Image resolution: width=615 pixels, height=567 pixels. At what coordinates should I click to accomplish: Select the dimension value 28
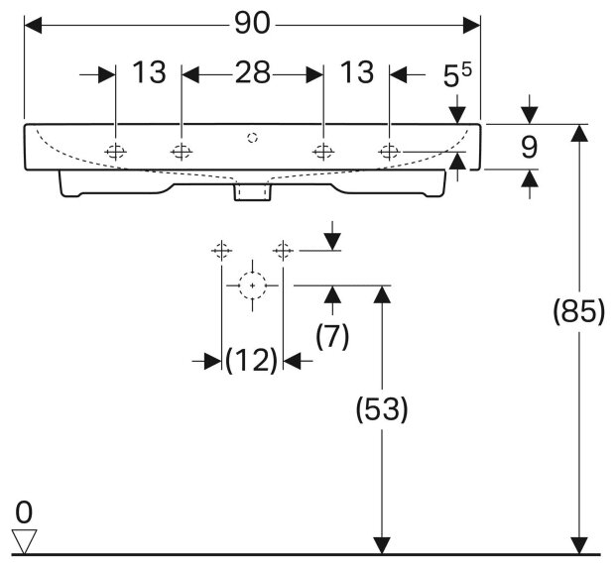click(252, 73)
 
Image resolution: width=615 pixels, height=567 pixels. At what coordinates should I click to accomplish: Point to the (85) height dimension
click(578, 312)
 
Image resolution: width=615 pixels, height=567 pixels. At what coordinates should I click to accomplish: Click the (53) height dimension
click(382, 408)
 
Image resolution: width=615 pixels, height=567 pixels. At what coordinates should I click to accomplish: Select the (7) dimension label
click(332, 337)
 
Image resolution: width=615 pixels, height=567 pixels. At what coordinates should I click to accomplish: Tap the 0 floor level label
click(25, 512)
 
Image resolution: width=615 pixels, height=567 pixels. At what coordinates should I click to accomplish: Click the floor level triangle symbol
click(25, 540)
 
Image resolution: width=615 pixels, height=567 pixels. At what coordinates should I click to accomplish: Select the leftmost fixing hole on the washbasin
click(116, 152)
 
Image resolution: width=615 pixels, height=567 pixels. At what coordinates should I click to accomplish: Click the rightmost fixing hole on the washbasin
click(390, 152)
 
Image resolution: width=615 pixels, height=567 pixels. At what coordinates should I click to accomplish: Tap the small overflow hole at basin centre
click(253, 136)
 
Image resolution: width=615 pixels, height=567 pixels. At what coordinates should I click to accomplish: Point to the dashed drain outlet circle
click(253, 285)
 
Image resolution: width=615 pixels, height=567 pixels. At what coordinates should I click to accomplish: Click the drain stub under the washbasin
click(253, 190)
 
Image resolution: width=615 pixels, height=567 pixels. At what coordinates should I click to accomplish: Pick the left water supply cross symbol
click(220, 251)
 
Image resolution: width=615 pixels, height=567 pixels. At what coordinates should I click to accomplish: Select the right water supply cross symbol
click(285, 251)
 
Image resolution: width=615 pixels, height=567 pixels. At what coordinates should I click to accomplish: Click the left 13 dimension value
click(149, 73)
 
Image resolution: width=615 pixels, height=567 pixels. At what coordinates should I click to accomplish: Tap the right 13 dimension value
click(357, 73)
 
